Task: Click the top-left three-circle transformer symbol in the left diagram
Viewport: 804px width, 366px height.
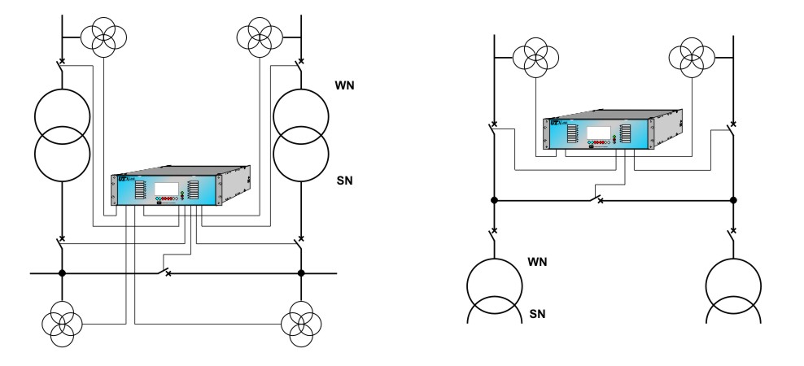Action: (108, 35)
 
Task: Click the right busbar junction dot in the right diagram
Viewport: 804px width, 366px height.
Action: (733, 200)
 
